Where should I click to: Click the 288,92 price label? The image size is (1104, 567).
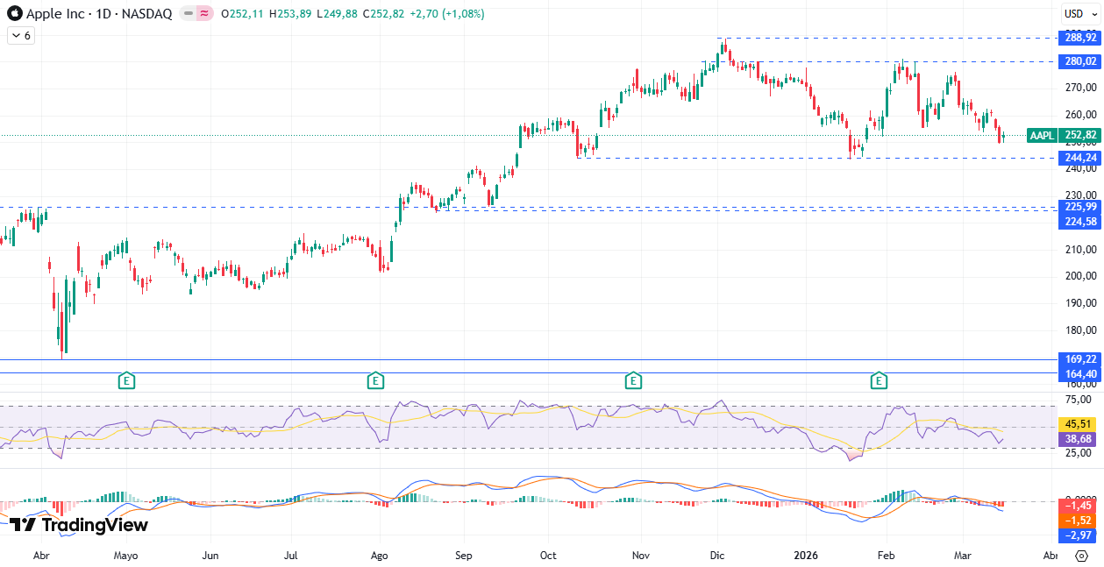coord(1080,38)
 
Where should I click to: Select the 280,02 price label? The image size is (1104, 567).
coord(1080,61)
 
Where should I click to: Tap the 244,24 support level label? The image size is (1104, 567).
coord(1080,158)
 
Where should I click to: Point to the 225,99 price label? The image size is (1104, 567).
coord(1080,207)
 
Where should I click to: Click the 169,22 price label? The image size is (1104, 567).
coord(1080,359)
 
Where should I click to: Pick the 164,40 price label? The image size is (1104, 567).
coord(1080,374)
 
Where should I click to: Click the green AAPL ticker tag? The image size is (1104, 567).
coord(1042,135)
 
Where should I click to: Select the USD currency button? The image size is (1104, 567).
coord(1073,13)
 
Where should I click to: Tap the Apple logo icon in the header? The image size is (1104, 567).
coord(15,14)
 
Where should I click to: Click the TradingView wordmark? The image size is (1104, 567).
coord(78,525)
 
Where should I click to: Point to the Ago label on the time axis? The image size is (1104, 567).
coord(379,556)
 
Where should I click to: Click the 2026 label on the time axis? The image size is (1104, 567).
coord(806,556)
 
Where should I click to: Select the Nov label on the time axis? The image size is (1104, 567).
coord(641,556)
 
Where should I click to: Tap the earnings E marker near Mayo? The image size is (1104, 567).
coord(127,380)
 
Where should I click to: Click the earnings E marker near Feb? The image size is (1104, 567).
coord(879,380)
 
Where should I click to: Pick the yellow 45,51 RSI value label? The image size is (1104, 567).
coord(1078,422)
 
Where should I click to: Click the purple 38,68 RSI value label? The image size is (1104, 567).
coord(1078,438)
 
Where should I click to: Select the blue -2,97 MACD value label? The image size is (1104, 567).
coord(1078,535)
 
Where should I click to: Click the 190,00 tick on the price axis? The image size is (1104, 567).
coord(1079,303)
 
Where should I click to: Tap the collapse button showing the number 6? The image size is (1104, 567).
coord(21,36)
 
